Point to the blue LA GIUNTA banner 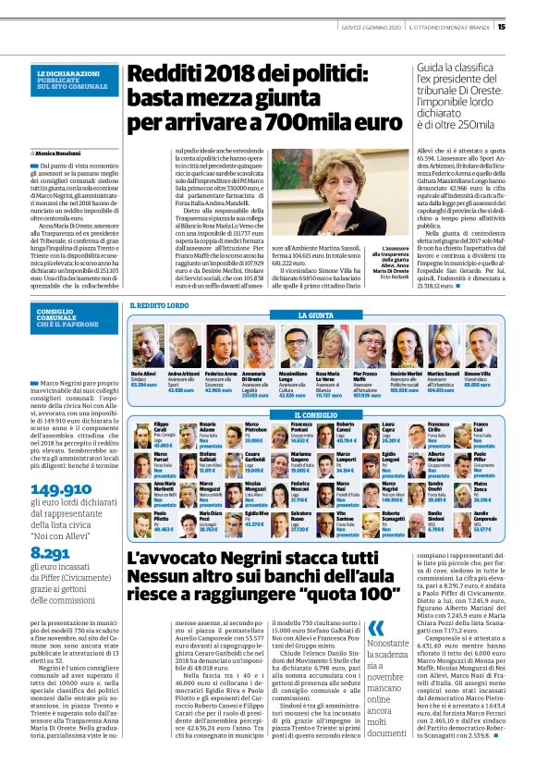[315, 315]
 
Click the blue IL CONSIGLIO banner [314, 415]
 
